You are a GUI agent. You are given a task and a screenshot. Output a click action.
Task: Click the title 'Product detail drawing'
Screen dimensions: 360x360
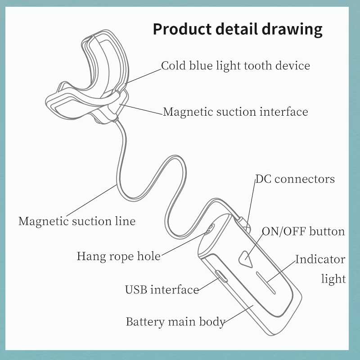pyautogui.click(x=238, y=29)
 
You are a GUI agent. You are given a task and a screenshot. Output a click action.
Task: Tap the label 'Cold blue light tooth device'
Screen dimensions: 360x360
pyautogui.click(x=235, y=66)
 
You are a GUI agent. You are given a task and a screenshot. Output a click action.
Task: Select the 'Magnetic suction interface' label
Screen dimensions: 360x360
pyautogui.click(x=235, y=112)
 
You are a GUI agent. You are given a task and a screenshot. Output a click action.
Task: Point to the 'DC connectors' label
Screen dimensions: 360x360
pyautogui.click(x=295, y=179)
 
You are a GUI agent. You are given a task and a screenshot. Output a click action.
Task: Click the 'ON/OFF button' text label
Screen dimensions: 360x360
pyautogui.click(x=303, y=232)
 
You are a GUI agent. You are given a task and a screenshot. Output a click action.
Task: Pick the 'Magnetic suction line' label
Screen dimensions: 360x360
pyautogui.click(x=76, y=221)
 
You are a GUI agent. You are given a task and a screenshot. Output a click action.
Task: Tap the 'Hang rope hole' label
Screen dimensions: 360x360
pyautogui.click(x=118, y=256)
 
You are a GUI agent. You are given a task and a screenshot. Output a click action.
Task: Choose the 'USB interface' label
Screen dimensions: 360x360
pyautogui.click(x=162, y=289)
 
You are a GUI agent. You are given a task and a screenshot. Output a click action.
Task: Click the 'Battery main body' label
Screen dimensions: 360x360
pyautogui.click(x=175, y=322)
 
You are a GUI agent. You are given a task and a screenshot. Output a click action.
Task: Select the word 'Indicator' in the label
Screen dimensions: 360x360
pyautogui.click(x=320, y=260)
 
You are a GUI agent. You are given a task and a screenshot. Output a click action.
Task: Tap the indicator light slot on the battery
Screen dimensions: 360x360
pyautogui.click(x=265, y=282)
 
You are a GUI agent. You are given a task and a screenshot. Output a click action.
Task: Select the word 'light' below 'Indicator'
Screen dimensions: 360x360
pyautogui.click(x=333, y=279)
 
